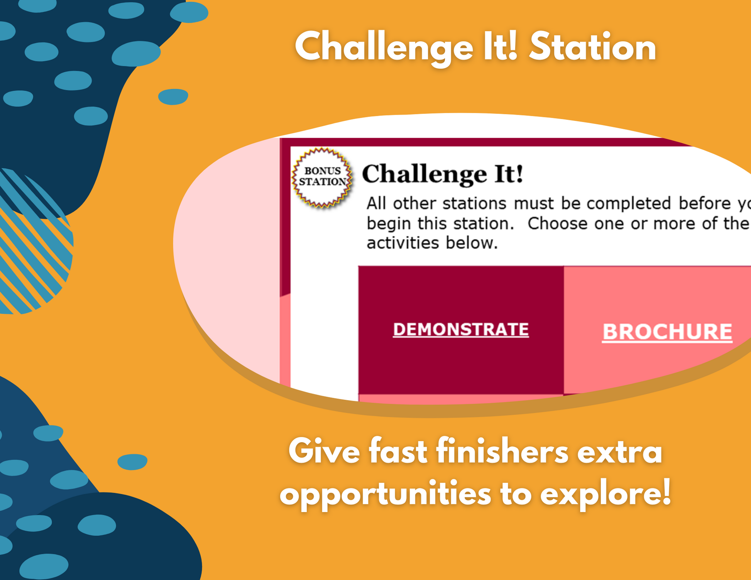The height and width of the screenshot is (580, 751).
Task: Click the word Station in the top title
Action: pyautogui.click(x=592, y=47)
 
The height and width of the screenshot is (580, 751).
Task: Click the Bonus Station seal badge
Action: pyautogui.click(x=322, y=178)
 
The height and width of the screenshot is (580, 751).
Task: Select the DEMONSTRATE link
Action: pyautogui.click(x=461, y=329)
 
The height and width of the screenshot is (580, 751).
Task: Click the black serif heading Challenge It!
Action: pyautogui.click(x=443, y=174)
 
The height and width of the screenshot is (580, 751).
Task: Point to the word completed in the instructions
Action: pyautogui.click(x=629, y=203)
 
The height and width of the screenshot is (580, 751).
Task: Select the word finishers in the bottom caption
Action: pyautogui.click(x=502, y=451)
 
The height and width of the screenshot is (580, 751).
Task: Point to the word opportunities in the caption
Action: pyautogui.click(x=386, y=495)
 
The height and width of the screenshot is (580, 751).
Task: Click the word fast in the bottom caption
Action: pyautogui.click(x=398, y=451)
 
